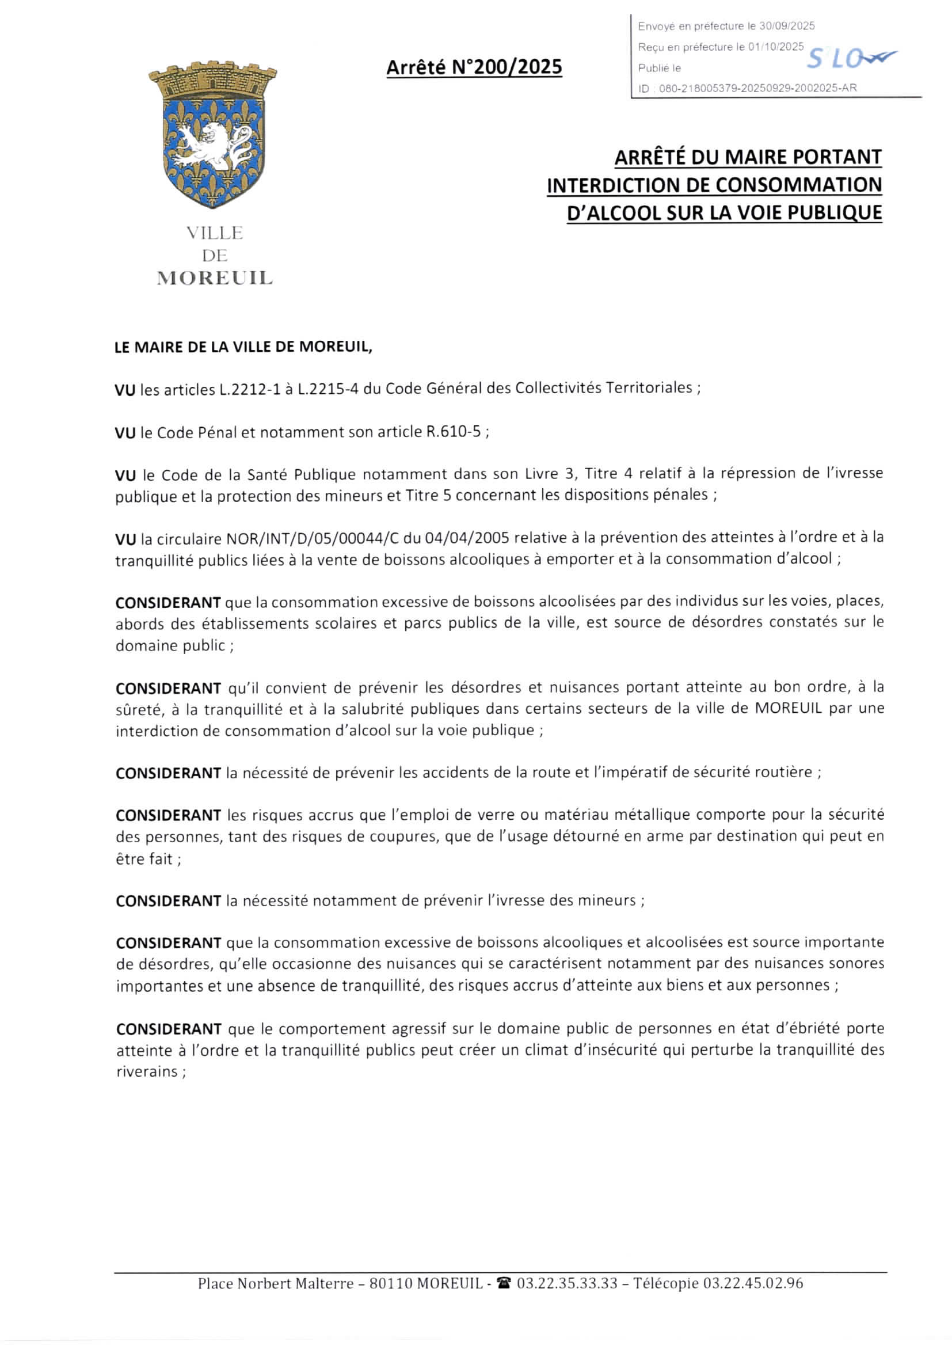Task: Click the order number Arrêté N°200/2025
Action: tap(474, 68)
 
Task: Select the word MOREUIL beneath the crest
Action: tap(215, 278)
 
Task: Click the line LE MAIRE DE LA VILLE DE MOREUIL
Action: tap(243, 347)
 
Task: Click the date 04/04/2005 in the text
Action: tap(470, 538)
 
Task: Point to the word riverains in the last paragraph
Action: tap(148, 1071)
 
